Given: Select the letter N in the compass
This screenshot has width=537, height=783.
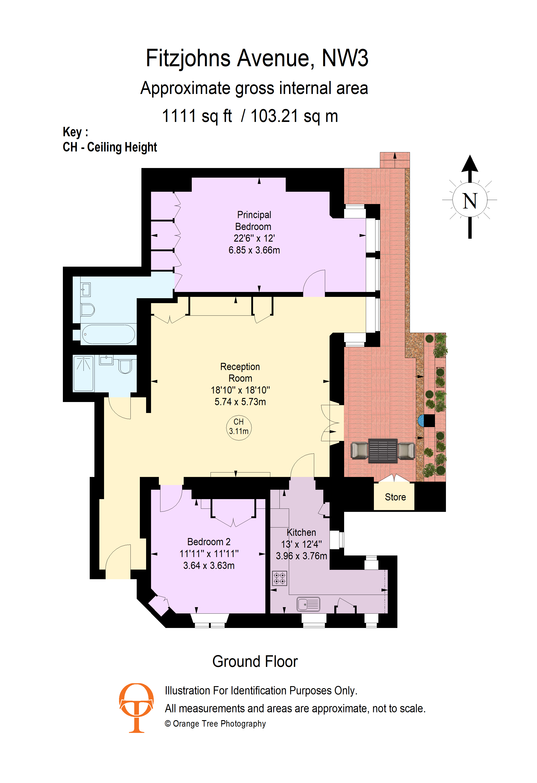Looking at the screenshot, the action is pyautogui.click(x=470, y=201).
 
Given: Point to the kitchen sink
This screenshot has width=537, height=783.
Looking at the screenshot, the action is pyautogui.click(x=308, y=604).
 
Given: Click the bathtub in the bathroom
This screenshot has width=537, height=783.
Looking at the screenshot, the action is pyautogui.click(x=109, y=334).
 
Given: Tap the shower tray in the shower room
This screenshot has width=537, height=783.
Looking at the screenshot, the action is pyautogui.click(x=83, y=374).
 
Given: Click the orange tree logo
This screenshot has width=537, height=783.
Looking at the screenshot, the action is pyautogui.click(x=136, y=708).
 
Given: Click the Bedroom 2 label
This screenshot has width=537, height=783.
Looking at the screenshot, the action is pyautogui.click(x=209, y=542).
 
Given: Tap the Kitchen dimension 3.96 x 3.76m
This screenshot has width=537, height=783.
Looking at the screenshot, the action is pyautogui.click(x=302, y=556).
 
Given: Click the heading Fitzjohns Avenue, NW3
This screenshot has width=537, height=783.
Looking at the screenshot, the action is pyautogui.click(x=257, y=58).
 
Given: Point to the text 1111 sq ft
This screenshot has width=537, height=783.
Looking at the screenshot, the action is pyautogui.click(x=197, y=116).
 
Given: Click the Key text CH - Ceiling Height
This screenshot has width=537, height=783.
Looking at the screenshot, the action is pyautogui.click(x=110, y=147).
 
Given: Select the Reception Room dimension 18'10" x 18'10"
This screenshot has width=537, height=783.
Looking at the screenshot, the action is pyautogui.click(x=240, y=390).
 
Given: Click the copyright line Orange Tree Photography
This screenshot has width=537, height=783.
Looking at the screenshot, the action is pyautogui.click(x=215, y=724).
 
